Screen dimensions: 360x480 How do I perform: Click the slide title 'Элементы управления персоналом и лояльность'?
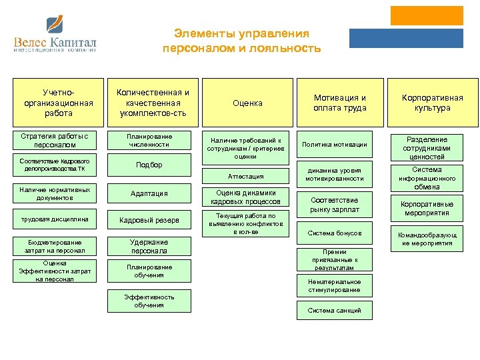tap(241, 41)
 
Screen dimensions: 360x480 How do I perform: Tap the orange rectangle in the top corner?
tap(426, 16)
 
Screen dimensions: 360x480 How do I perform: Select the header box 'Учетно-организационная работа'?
tap(58, 103)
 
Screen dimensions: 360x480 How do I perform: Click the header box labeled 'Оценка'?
tap(247, 103)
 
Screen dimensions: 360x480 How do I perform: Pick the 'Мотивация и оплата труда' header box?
tap(340, 103)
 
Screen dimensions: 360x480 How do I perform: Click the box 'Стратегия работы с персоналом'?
tap(58, 141)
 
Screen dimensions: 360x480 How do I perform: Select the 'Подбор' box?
tap(149, 165)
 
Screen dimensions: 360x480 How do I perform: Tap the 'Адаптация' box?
tap(149, 194)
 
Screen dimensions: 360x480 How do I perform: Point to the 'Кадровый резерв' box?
tap(149, 220)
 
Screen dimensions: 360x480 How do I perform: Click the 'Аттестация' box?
tap(246, 176)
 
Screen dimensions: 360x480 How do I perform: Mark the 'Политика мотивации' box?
tap(334, 145)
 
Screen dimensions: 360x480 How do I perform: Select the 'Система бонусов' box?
tap(334, 233)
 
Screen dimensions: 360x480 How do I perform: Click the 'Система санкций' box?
tap(334, 310)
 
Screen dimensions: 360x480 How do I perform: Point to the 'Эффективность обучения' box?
tap(149, 301)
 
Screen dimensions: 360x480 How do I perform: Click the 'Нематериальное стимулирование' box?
tap(334, 286)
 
